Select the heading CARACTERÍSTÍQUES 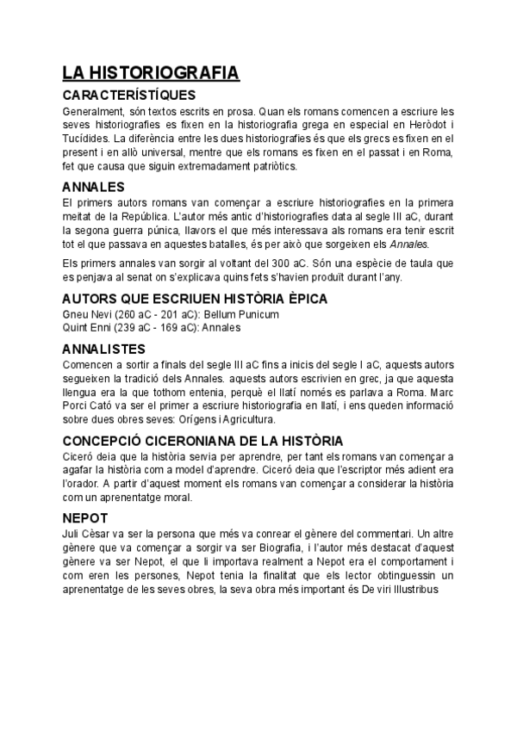129,95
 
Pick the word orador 84,483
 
